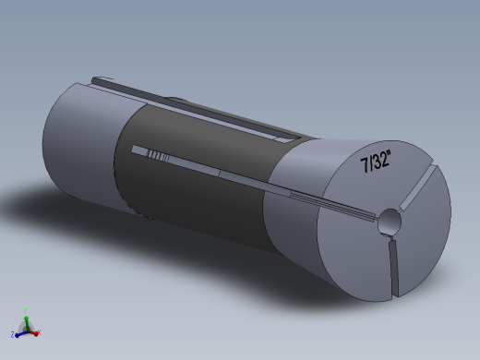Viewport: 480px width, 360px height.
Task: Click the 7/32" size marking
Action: pos(377,162)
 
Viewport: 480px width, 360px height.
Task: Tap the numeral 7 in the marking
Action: pos(365,166)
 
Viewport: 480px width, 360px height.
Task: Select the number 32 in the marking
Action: pos(382,161)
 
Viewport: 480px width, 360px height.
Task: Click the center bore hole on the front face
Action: pos(390,222)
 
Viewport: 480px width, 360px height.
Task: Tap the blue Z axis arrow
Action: pos(19,330)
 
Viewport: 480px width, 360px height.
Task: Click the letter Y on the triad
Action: pos(26,309)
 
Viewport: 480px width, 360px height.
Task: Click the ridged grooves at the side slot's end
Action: pos(158,154)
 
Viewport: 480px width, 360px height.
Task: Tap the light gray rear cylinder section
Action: pos(78,148)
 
